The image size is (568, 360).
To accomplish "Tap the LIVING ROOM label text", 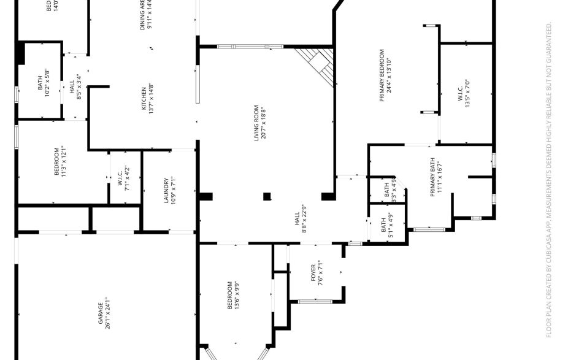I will click(257, 123).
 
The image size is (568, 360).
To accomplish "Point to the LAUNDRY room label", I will click(166, 190).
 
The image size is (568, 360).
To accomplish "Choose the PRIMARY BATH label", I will click(432, 177).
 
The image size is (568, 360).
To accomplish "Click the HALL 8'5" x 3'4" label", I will click(75, 86).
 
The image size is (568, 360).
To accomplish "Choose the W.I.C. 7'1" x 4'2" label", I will click(123, 178).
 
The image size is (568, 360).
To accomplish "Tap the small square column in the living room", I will click(267, 197).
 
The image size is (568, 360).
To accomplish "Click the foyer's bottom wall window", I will click(315, 301).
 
